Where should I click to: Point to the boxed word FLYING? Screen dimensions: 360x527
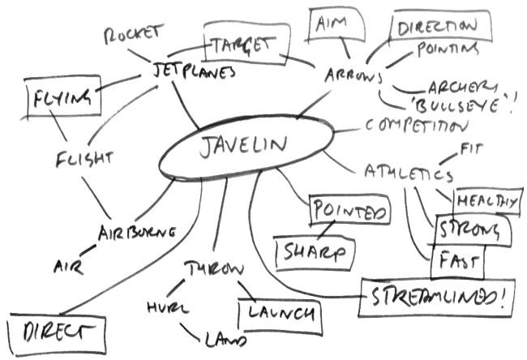point(62,99)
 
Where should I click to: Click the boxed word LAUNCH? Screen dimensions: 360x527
point(278,312)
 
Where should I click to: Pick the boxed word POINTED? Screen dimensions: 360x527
point(349,212)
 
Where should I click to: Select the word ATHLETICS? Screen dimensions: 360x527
point(408,174)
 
